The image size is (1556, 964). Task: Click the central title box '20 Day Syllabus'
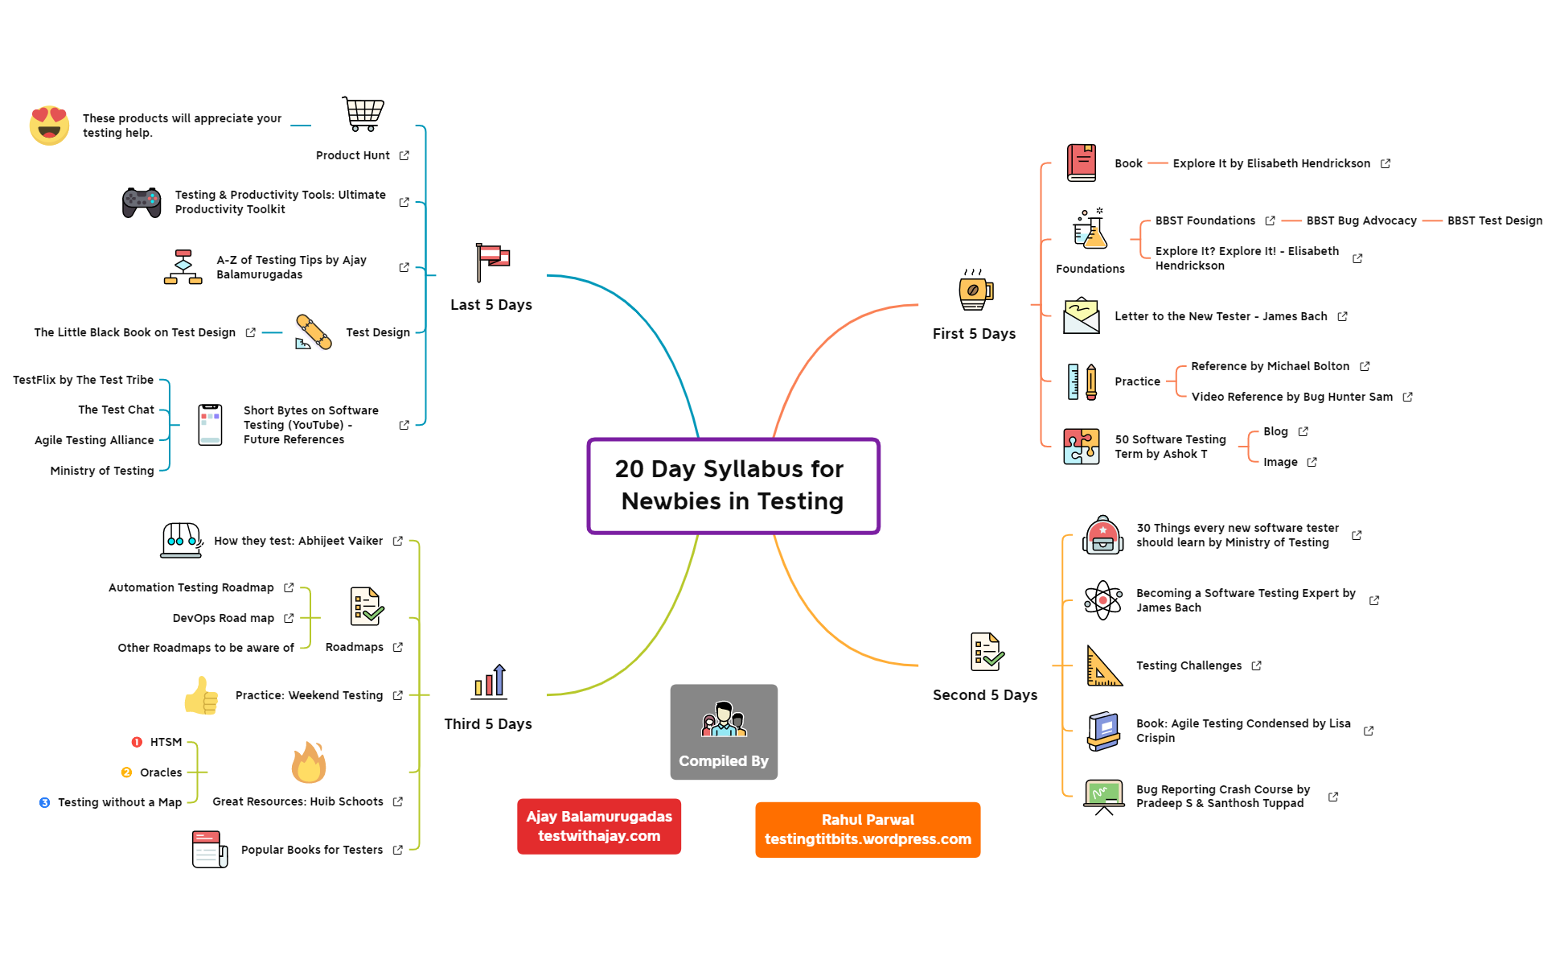pyautogui.click(x=733, y=485)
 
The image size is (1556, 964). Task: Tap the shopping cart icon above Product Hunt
pyautogui.click(x=363, y=113)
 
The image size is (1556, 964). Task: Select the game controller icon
pyautogui.click(x=142, y=202)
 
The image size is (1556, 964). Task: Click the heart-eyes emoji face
pyautogui.click(x=49, y=126)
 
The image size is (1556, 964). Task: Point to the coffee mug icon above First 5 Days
pyautogui.click(x=975, y=290)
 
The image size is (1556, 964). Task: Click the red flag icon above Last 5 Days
pyautogui.click(x=491, y=262)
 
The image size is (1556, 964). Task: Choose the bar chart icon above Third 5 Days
pyautogui.click(x=490, y=682)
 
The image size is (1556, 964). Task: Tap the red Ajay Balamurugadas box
pyautogui.click(x=599, y=826)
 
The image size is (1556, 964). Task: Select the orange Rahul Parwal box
pyautogui.click(x=868, y=830)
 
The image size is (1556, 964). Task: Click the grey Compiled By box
pyautogui.click(x=724, y=731)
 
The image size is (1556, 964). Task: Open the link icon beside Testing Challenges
pyautogui.click(x=1257, y=665)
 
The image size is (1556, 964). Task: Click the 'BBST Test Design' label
pyautogui.click(x=1494, y=220)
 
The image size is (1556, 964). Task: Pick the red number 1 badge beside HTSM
pyautogui.click(x=137, y=742)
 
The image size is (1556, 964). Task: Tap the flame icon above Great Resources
pyautogui.click(x=309, y=762)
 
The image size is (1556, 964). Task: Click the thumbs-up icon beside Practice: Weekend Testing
pyautogui.click(x=201, y=695)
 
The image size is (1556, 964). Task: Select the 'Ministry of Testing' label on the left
pyautogui.click(x=102, y=471)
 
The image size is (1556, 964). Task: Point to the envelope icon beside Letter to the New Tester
pyautogui.click(x=1081, y=315)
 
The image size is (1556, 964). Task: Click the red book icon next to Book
pyautogui.click(x=1081, y=163)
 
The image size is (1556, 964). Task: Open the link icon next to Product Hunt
pyautogui.click(x=404, y=155)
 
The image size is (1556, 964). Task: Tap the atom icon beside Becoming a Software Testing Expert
pyautogui.click(x=1102, y=600)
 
